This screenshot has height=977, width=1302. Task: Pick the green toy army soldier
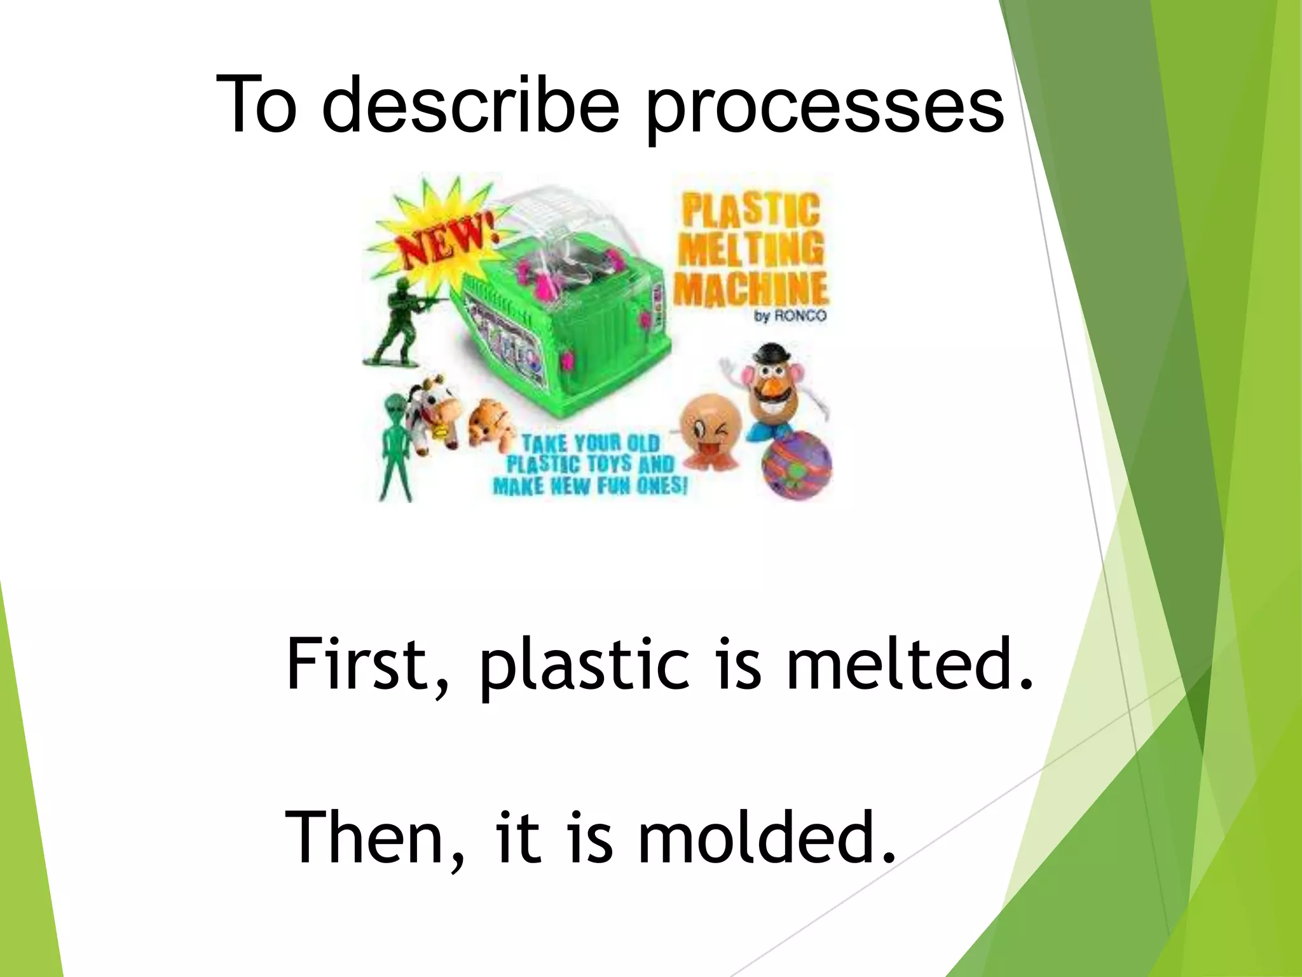click(397, 324)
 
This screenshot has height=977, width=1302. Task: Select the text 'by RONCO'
click(790, 315)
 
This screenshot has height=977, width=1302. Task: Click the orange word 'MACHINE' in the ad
click(750, 289)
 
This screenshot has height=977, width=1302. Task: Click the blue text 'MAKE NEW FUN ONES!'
click(590, 487)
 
